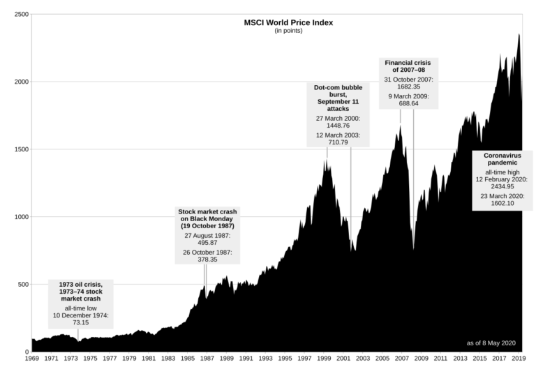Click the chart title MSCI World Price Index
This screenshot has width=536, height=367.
point(288,22)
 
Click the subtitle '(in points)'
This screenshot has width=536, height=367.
point(288,31)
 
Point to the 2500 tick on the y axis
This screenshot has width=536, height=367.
point(21,14)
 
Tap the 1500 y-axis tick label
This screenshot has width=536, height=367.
point(21,149)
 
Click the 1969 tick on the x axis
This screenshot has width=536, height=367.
point(32,358)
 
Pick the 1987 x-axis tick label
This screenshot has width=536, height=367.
point(207,358)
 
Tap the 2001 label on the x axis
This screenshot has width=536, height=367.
point(344,358)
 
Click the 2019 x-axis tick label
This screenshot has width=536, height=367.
point(519,358)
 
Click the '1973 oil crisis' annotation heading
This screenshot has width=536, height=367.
point(80,291)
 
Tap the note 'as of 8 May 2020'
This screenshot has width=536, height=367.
point(491,343)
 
